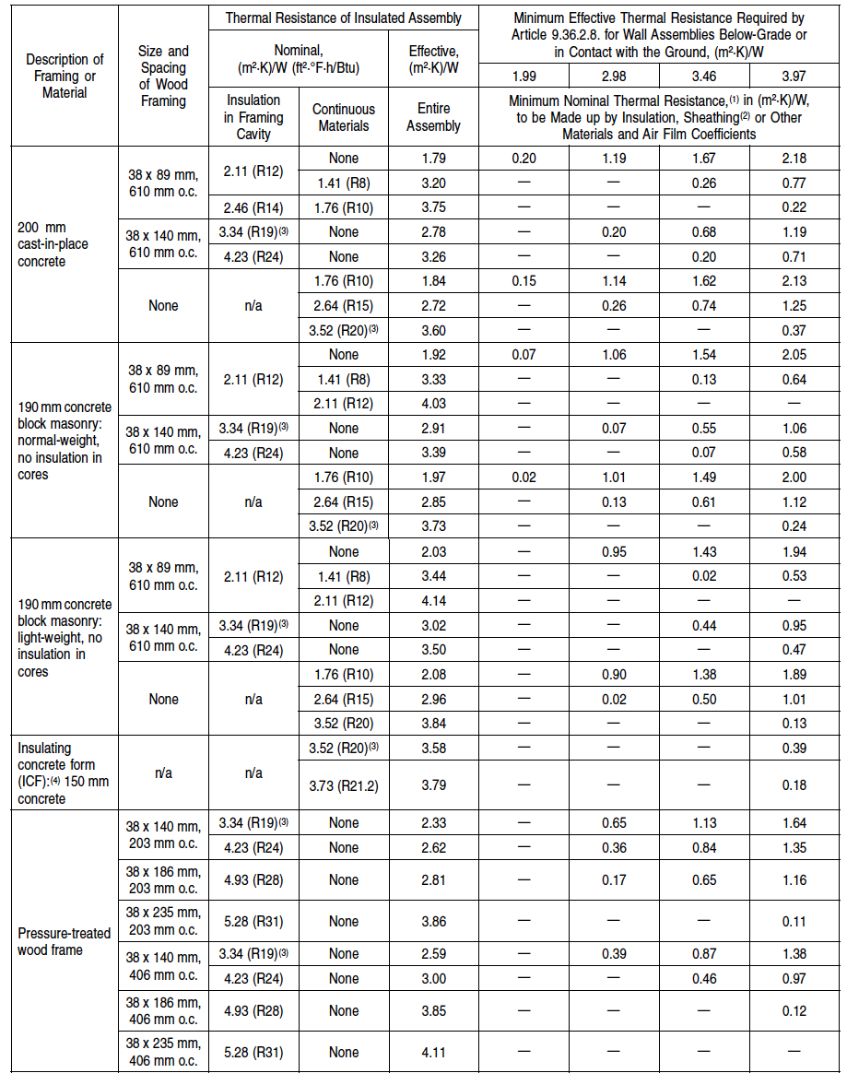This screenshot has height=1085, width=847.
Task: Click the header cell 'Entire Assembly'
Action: [x=433, y=117]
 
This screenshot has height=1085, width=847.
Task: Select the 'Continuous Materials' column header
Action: [x=343, y=117]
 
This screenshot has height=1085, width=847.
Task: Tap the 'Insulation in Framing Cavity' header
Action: [x=253, y=117]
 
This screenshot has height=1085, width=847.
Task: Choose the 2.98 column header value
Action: [x=613, y=76]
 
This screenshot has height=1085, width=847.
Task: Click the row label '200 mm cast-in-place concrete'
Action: [x=42, y=244]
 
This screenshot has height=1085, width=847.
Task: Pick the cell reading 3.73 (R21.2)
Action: [x=343, y=785]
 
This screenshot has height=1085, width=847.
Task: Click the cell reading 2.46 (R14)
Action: [x=253, y=207]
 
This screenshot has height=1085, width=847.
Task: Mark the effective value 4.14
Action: [x=433, y=601]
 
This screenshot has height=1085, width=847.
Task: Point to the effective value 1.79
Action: [x=433, y=159]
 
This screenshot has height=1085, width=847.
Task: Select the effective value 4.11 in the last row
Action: [x=433, y=1051]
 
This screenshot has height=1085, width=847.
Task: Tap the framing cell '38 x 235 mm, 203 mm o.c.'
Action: [x=163, y=921]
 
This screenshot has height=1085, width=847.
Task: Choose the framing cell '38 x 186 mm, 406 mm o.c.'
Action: [x=163, y=1011]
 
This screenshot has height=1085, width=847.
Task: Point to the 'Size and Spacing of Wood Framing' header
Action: [x=163, y=76]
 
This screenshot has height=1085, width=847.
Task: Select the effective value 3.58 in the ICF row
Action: [x=433, y=749]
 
